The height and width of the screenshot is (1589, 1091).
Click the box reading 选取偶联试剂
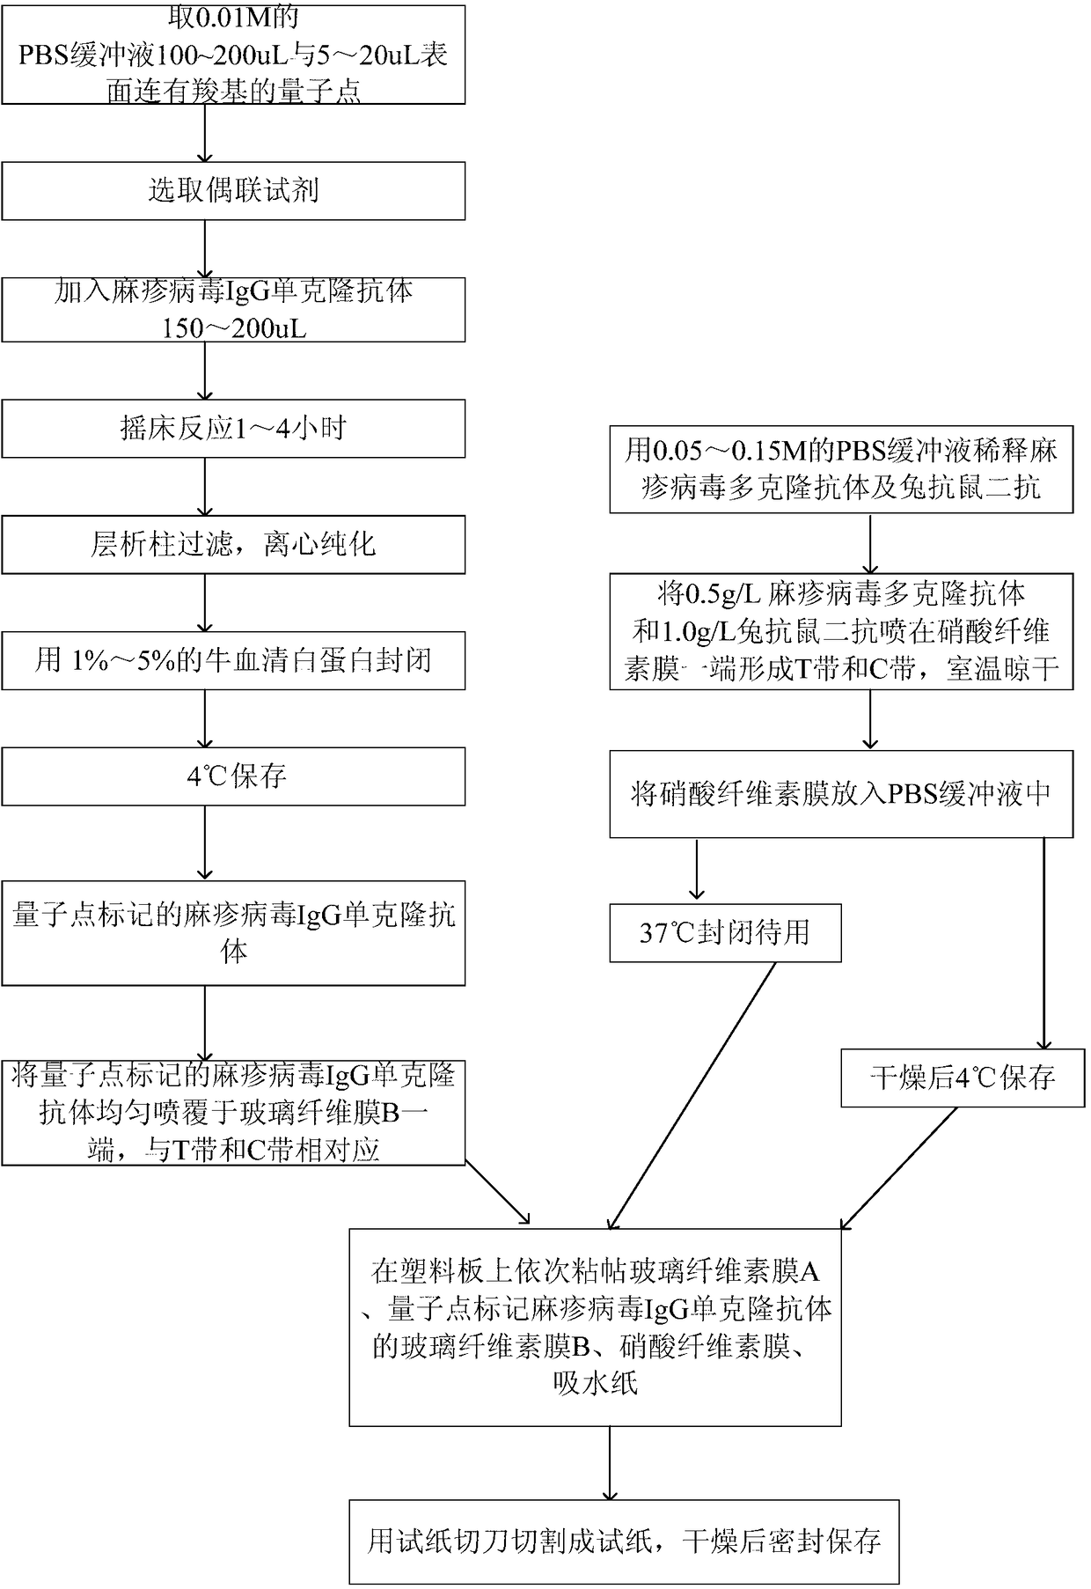pyautogui.click(x=233, y=190)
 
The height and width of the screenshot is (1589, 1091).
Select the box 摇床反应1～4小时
pyautogui.click(x=233, y=429)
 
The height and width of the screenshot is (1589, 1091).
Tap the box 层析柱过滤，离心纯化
pyautogui.click(x=233, y=545)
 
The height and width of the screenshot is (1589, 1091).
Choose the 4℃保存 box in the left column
pyautogui.click(x=233, y=776)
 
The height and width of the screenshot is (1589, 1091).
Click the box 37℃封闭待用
pyautogui.click(x=725, y=932)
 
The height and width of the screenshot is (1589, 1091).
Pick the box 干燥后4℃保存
pyautogui.click(x=962, y=1078)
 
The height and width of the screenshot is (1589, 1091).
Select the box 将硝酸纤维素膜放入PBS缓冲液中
pyautogui.click(x=841, y=793)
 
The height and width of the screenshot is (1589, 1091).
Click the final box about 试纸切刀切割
pyautogui.click(x=624, y=1541)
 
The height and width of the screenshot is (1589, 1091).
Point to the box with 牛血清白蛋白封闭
pyautogui.click(x=233, y=660)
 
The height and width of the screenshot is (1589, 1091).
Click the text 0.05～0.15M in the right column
pyautogui.click(x=741, y=452)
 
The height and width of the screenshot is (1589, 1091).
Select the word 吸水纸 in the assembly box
pyautogui.click(x=595, y=1383)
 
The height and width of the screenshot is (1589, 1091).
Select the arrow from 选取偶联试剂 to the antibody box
pyautogui.click(x=205, y=248)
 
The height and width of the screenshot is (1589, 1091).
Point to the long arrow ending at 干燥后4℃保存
pyautogui.click(x=1044, y=942)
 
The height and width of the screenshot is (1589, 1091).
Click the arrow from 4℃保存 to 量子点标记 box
pyautogui.click(x=205, y=842)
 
